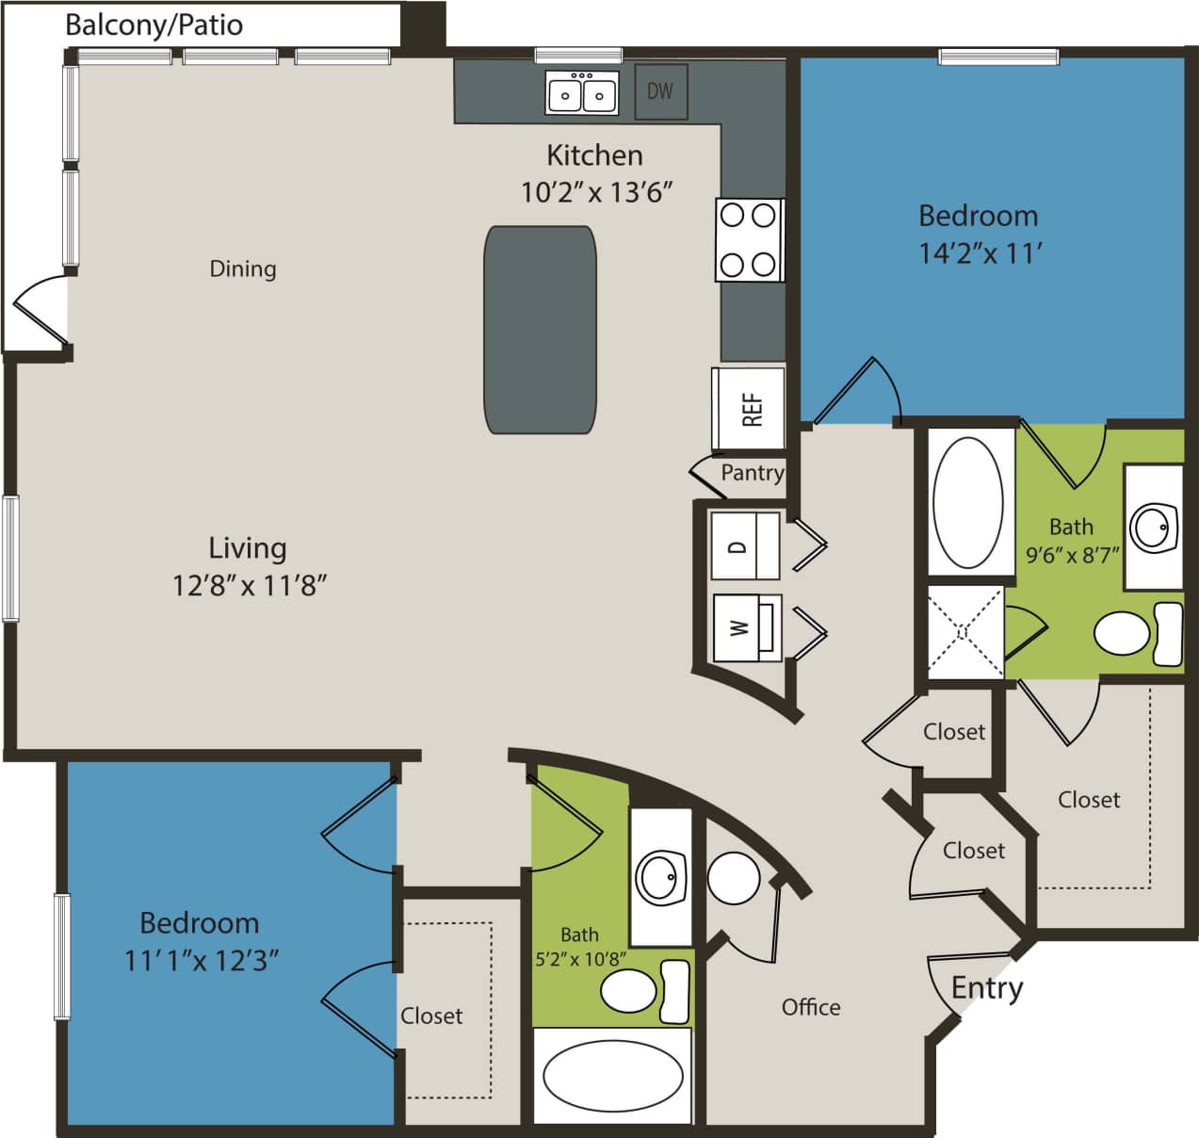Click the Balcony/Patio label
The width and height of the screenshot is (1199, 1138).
coord(154,24)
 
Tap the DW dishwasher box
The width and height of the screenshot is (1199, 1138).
coord(660,91)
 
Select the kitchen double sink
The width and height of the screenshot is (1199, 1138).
coord(582,93)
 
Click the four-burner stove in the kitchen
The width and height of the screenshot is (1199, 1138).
coord(749,239)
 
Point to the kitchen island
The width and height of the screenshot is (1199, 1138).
coord(541,330)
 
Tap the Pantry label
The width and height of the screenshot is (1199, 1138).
coord(752,473)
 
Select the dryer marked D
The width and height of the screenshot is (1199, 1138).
coord(744,545)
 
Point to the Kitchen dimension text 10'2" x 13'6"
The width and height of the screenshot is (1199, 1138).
coord(597,192)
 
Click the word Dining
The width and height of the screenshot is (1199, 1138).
coord(243,269)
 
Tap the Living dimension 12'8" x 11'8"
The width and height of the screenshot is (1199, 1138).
coord(249,585)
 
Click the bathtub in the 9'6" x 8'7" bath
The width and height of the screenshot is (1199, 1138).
coord(967,501)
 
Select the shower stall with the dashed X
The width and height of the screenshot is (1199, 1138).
coord(965,632)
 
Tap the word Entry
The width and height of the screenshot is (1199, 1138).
coord(986,988)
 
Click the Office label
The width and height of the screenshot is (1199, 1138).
coord(811,1007)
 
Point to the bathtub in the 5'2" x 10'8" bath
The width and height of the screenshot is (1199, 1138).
coord(612,1075)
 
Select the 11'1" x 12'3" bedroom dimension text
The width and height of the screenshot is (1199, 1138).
coord(201,961)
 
